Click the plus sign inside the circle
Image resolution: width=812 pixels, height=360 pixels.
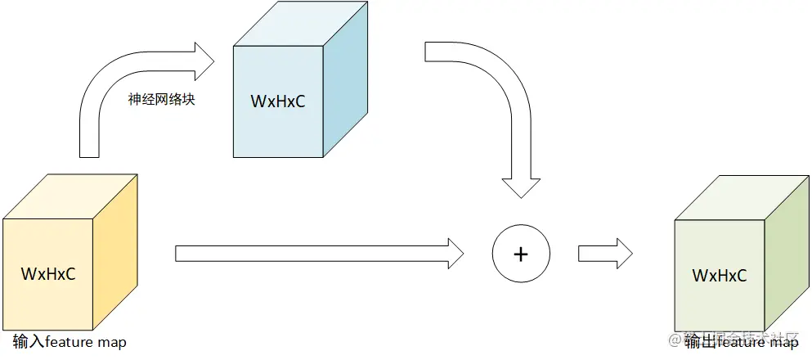521,254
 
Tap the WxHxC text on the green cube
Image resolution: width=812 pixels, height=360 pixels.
720,276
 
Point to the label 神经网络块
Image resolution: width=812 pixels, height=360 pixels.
161,100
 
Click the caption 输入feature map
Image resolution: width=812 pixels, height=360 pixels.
70,342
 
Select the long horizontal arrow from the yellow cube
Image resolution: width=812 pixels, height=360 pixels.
319,253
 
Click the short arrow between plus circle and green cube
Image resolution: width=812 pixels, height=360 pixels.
605,253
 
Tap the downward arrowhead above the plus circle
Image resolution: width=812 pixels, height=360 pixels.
520,187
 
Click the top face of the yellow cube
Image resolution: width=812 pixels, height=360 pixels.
70,196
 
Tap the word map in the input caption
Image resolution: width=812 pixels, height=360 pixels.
112,342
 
